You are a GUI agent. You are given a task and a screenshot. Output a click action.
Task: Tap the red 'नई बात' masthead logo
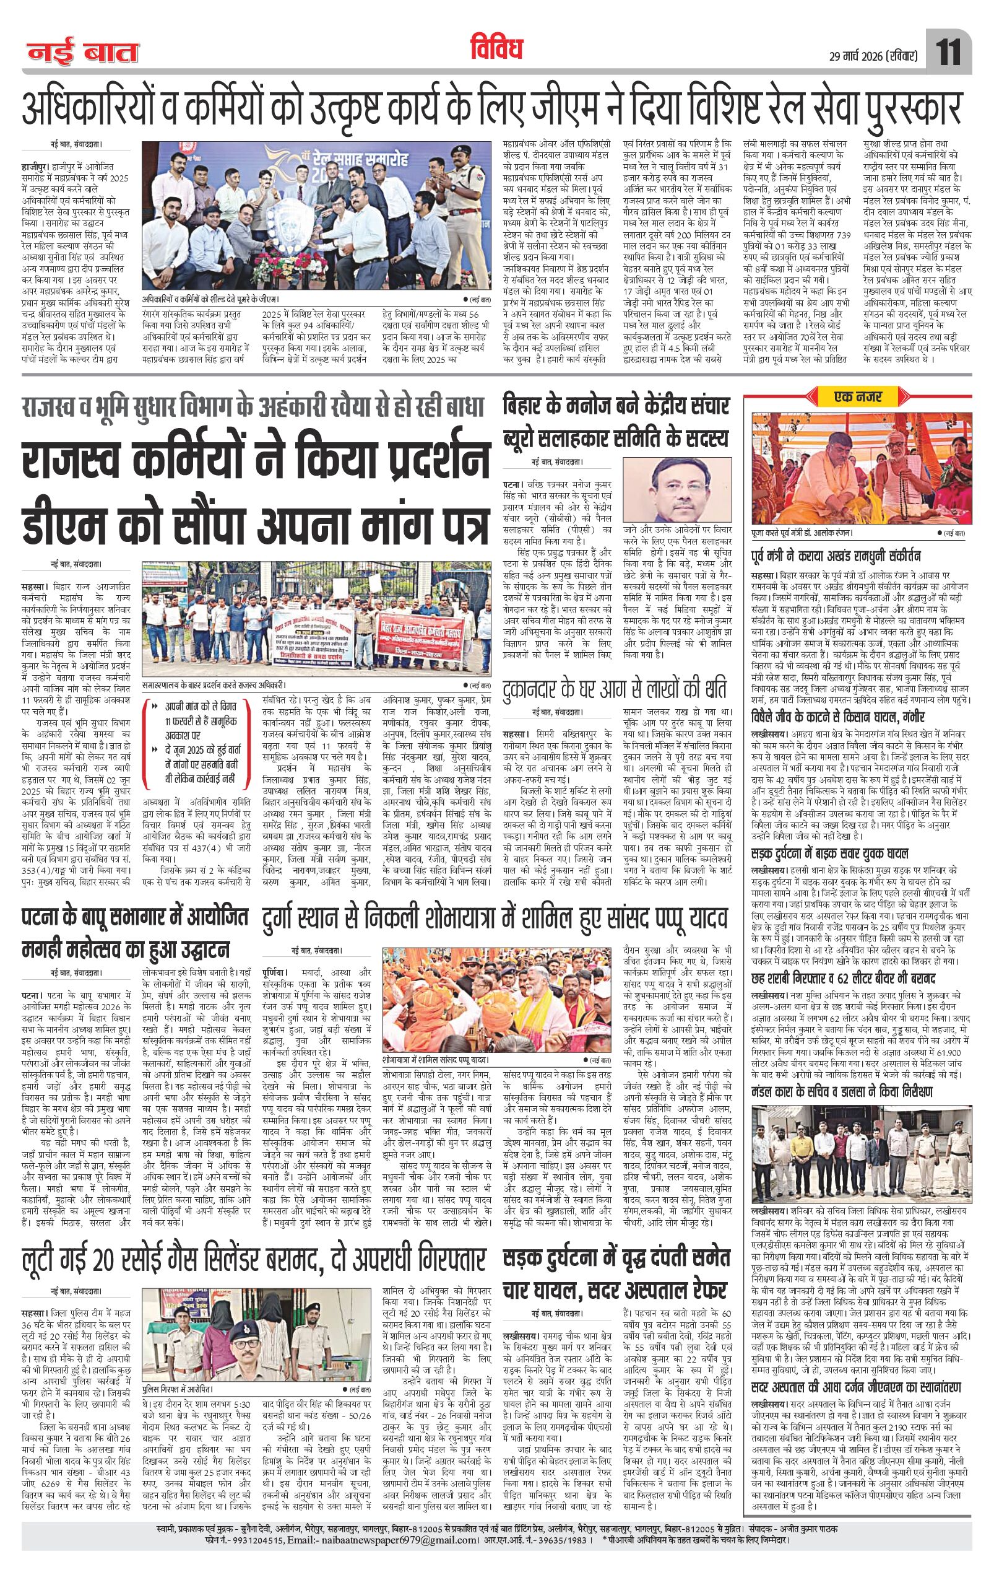pyautogui.click(x=82, y=53)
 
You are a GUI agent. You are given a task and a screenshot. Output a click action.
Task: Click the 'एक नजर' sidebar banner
pyautogui.click(x=859, y=396)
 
